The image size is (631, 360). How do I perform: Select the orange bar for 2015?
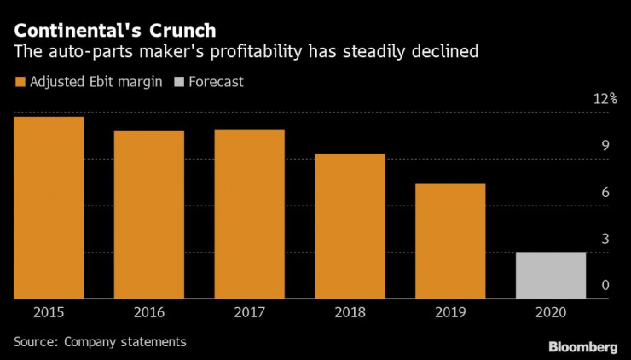coord(49,207)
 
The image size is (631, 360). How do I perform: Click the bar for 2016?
coord(149,214)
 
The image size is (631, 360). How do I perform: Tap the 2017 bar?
coord(249,214)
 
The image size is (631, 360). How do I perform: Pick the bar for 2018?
coord(350,226)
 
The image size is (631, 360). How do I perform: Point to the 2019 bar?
coord(450,241)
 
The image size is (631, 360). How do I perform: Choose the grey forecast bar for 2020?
coord(551,276)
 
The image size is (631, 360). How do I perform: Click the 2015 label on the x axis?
coord(49,313)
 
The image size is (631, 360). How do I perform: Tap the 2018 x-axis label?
coord(350,313)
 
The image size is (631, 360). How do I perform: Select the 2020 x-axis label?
coord(551,313)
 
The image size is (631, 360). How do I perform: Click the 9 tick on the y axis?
coord(605,146)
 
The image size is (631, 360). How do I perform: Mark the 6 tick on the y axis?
coord(605,193)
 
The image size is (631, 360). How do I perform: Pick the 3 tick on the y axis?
coord(605,239)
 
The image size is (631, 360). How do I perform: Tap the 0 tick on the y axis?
coord(605,286)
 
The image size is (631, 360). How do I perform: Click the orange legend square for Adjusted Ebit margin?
coord(20,83)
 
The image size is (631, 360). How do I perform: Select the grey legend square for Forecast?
coord(177,83)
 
